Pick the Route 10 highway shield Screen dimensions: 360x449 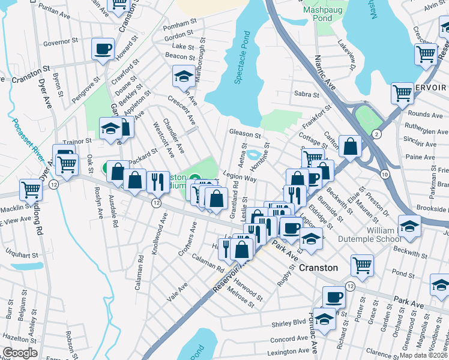tap(384, 173)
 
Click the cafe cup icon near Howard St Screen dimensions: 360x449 tap(103, 49)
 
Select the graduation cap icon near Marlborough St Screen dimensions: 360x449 tap(183, 76)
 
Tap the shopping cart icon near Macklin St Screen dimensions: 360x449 tap(31, 189)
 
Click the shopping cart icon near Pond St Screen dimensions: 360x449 tap(362, 265)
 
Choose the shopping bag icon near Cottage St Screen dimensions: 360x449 tap(349, 146)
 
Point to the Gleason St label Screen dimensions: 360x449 tap(244, 134)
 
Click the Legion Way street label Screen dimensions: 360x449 tap(240, 178)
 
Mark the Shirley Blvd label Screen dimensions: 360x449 tap(289, 322)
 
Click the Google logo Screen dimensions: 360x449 tap(20, 352)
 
